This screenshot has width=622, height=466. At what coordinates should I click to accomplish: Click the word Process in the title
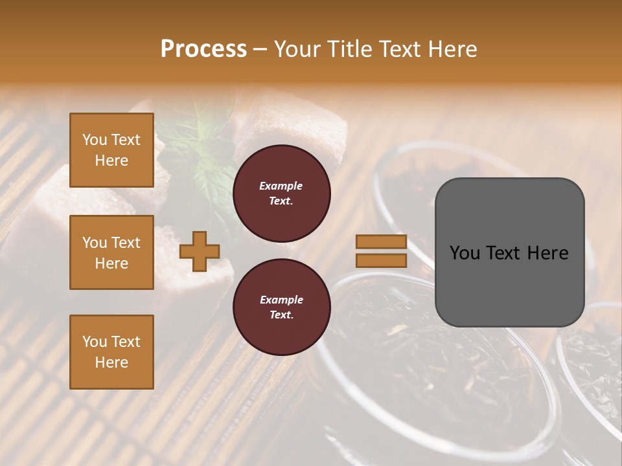[x=203, y=49]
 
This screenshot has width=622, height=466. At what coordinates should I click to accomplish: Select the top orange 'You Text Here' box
[x=111, y=150]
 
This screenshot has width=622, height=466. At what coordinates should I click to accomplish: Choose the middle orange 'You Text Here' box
[x=111, y=252]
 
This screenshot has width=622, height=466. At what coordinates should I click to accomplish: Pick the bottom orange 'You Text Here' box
[x=111, y=352]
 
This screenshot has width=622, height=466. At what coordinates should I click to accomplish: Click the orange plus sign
[x=200, y=252]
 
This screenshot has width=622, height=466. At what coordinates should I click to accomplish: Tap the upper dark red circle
[x=281, y=194]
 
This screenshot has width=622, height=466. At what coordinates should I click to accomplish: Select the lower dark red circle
[x=281, y=307]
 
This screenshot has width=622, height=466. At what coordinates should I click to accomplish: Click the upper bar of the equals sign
[x=381, y=242]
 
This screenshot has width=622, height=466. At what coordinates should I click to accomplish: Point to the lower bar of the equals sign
[x=381, y=261]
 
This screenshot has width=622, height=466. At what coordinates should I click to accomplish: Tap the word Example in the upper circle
[x=281, y=186]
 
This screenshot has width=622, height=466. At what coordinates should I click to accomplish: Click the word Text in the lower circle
[x=281, y=315]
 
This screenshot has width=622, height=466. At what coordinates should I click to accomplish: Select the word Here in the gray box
[x=547, y=253]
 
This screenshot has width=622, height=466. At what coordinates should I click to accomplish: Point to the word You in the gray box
[x=465, y=253]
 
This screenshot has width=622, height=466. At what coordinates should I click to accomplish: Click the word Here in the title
[x=452, y=49]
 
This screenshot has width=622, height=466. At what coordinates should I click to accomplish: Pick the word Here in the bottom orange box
[x=111, y=362]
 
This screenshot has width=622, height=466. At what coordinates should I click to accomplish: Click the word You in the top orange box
[x=95, y=140]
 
